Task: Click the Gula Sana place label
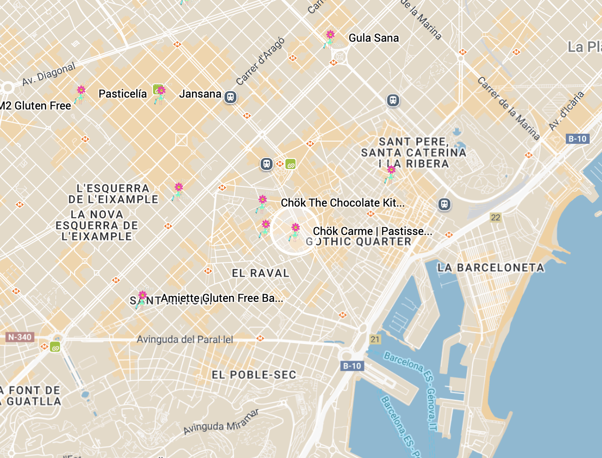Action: point(373,38)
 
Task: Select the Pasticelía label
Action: point(122,94)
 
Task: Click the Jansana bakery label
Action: point(200,94)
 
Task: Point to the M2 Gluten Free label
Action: point(36,106)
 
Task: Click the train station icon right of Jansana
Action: point(230,97)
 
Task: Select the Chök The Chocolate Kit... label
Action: point(342,203)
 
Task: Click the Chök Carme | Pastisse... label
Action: point(372,231)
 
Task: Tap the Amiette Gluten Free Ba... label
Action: point(222,298)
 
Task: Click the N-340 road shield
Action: point(20,338)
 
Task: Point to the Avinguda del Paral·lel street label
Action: point(185,339)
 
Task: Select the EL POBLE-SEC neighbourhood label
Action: point(254,375)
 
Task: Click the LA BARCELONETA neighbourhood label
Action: point(491,267)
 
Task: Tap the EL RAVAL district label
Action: point(260,273)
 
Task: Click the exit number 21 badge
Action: point(375,339)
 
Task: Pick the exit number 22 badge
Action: point(495,218)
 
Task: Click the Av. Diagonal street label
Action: point(49,74)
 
